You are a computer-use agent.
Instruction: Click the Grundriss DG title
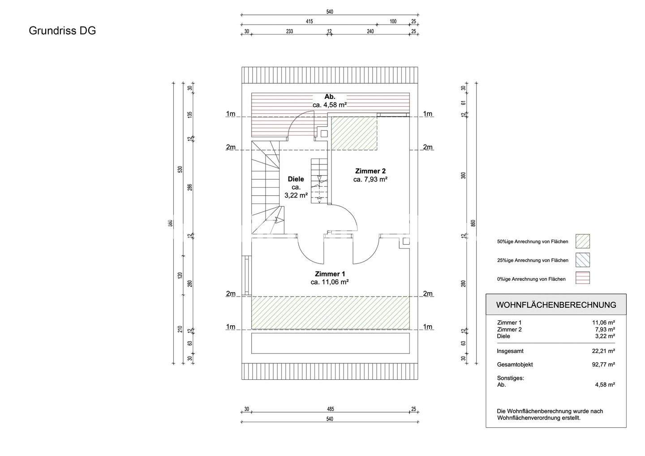click(x=62, y=30)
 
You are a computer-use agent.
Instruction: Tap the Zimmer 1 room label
click(x=330, y=274)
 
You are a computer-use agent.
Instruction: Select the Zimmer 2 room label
click(x=370, y=171)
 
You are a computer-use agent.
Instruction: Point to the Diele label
click(x=296, y=179)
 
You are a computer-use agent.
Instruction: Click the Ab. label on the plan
click(x=330, y=97)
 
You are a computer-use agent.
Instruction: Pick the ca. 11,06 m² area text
click(x=330, y=282)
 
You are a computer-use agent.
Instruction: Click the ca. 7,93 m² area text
click(x=370, y=179)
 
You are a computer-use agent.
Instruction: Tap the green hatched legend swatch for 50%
click(x=582, y=241)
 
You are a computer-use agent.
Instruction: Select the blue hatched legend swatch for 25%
click(x=582, y=260)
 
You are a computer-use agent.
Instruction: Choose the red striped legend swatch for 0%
click(x=582, y=278)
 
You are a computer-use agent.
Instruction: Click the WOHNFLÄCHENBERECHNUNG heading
click(x=556, y=305)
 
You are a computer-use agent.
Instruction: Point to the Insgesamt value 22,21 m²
click(x=603, y=351)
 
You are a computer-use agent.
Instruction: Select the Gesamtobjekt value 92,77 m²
click(x=603, y=365)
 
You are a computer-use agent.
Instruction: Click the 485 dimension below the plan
click(x=330, y=409)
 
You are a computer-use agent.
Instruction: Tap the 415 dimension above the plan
click(x=309, y=22)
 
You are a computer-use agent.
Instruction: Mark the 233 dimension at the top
click(x=289, y=31)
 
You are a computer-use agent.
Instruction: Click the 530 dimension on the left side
click(x=180, y=169)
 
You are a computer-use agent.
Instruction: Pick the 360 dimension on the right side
click(x=464, y=175)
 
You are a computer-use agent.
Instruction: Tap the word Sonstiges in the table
click(x=510, y=378)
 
